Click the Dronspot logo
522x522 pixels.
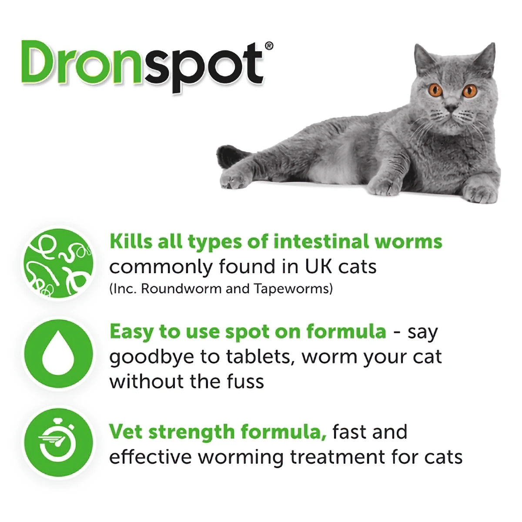click(144, 65)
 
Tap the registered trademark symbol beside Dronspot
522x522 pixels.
click(269, 46)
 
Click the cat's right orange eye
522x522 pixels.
click(469, 91)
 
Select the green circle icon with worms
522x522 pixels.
click(58, 263)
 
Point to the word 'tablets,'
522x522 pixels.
click(259, 357)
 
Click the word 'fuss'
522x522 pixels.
click(245, 381)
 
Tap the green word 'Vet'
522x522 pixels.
click(126, 432)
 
